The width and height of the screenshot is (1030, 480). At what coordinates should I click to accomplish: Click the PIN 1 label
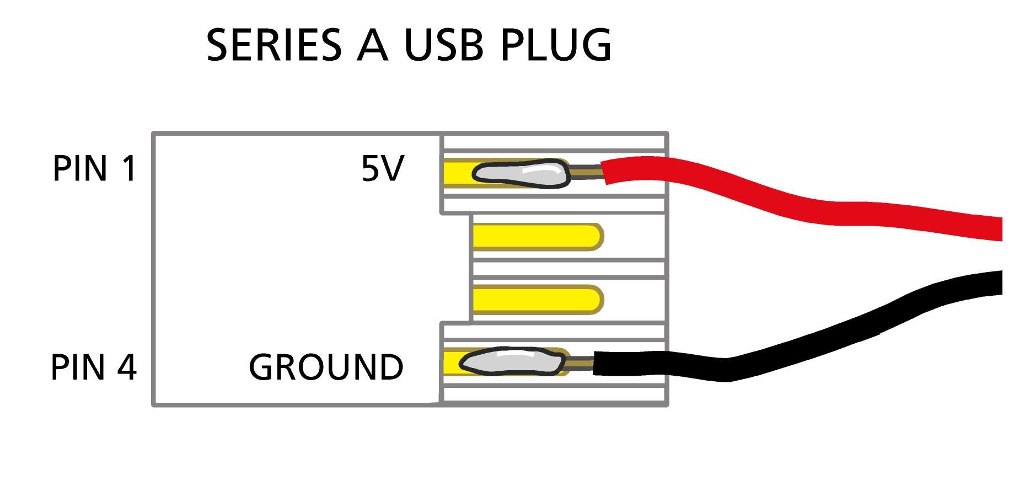(94, 168)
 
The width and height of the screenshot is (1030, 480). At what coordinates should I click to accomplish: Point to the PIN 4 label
(93, 367)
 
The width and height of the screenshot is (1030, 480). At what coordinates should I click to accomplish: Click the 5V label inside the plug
(383, 168)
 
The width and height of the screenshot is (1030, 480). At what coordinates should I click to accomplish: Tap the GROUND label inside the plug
(326, 367)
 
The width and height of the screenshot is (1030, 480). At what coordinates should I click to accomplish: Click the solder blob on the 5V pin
(521, 174)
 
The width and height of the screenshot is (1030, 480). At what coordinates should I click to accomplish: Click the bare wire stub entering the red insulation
(586, 172)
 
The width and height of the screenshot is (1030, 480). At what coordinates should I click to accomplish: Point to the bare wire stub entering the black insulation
(579, 362)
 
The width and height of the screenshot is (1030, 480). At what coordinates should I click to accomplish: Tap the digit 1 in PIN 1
(128, 168)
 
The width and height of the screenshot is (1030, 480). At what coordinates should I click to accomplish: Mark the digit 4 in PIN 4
(126, 367)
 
